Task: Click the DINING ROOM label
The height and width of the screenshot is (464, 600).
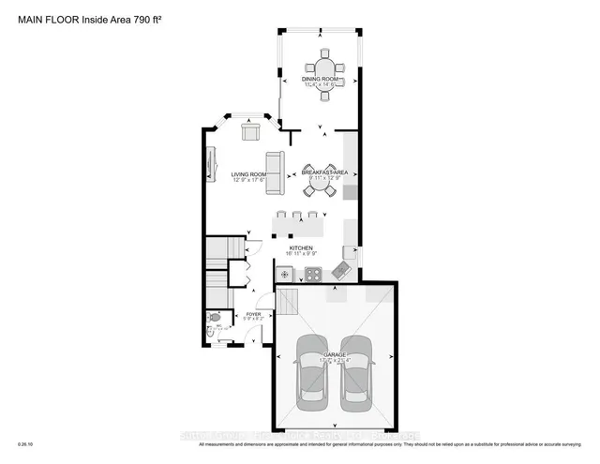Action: pos(320,79)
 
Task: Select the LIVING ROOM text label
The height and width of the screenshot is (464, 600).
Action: pos(248,174)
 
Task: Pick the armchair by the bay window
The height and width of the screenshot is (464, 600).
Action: pos(250,130)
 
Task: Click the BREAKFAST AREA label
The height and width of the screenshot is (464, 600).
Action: pos(323,172)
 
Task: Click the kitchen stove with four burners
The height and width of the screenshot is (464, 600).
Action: pos(313,274)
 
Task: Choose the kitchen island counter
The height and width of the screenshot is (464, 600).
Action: pos(298,226)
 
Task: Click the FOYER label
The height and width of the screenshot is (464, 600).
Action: pos(253,314)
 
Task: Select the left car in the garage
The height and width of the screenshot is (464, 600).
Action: pos(310,369)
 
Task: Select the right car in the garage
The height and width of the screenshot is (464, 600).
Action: pos(356,369)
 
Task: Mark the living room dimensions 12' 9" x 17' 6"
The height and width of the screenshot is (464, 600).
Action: pos(249,181)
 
